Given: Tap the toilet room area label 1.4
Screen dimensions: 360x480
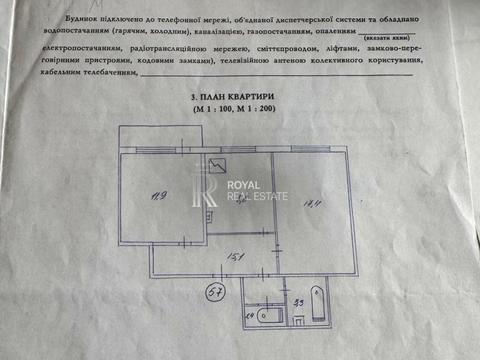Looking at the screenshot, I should click(249, 315).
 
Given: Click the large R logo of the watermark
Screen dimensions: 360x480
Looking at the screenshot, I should click(211, 191).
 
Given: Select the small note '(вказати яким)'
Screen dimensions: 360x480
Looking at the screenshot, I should click(383, 39).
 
